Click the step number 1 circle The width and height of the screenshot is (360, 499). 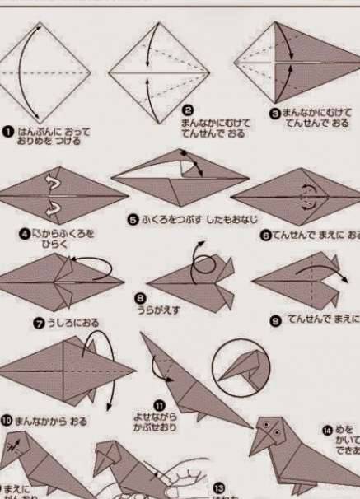pyautogui.click(x=7, y=130)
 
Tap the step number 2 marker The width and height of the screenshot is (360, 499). pyautogui.click(x=188, y=110)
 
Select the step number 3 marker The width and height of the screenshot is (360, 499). pyautogui.click(x=275, y=113)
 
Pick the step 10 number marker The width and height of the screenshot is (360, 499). pyautogui.click(x=7, y=420)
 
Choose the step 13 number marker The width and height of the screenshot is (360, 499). pyautogui.click(x=219, y=487)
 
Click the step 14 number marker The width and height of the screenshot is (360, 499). pyautogui.click(x=326, y=429)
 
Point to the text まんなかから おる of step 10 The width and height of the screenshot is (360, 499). pyautogui.click(x=50, y=421)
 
